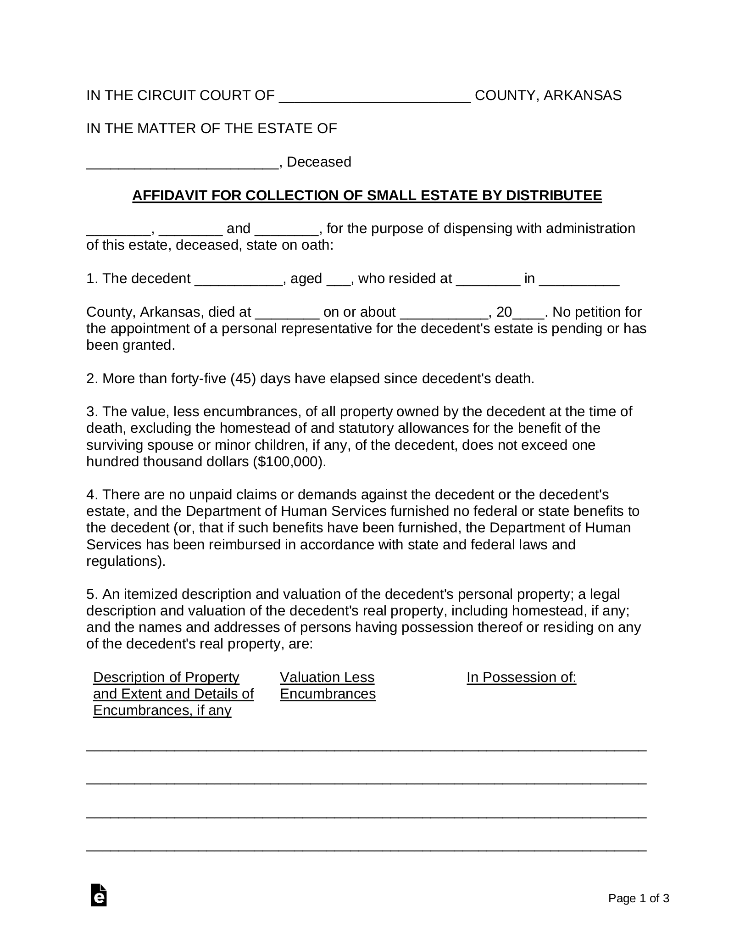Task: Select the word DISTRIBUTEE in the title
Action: pos(554,196)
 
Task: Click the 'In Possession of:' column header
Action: pos(521,677)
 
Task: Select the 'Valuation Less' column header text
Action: pos(327,677)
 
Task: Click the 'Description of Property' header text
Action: pos(166,677)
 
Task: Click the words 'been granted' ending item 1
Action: pos(130,345)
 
